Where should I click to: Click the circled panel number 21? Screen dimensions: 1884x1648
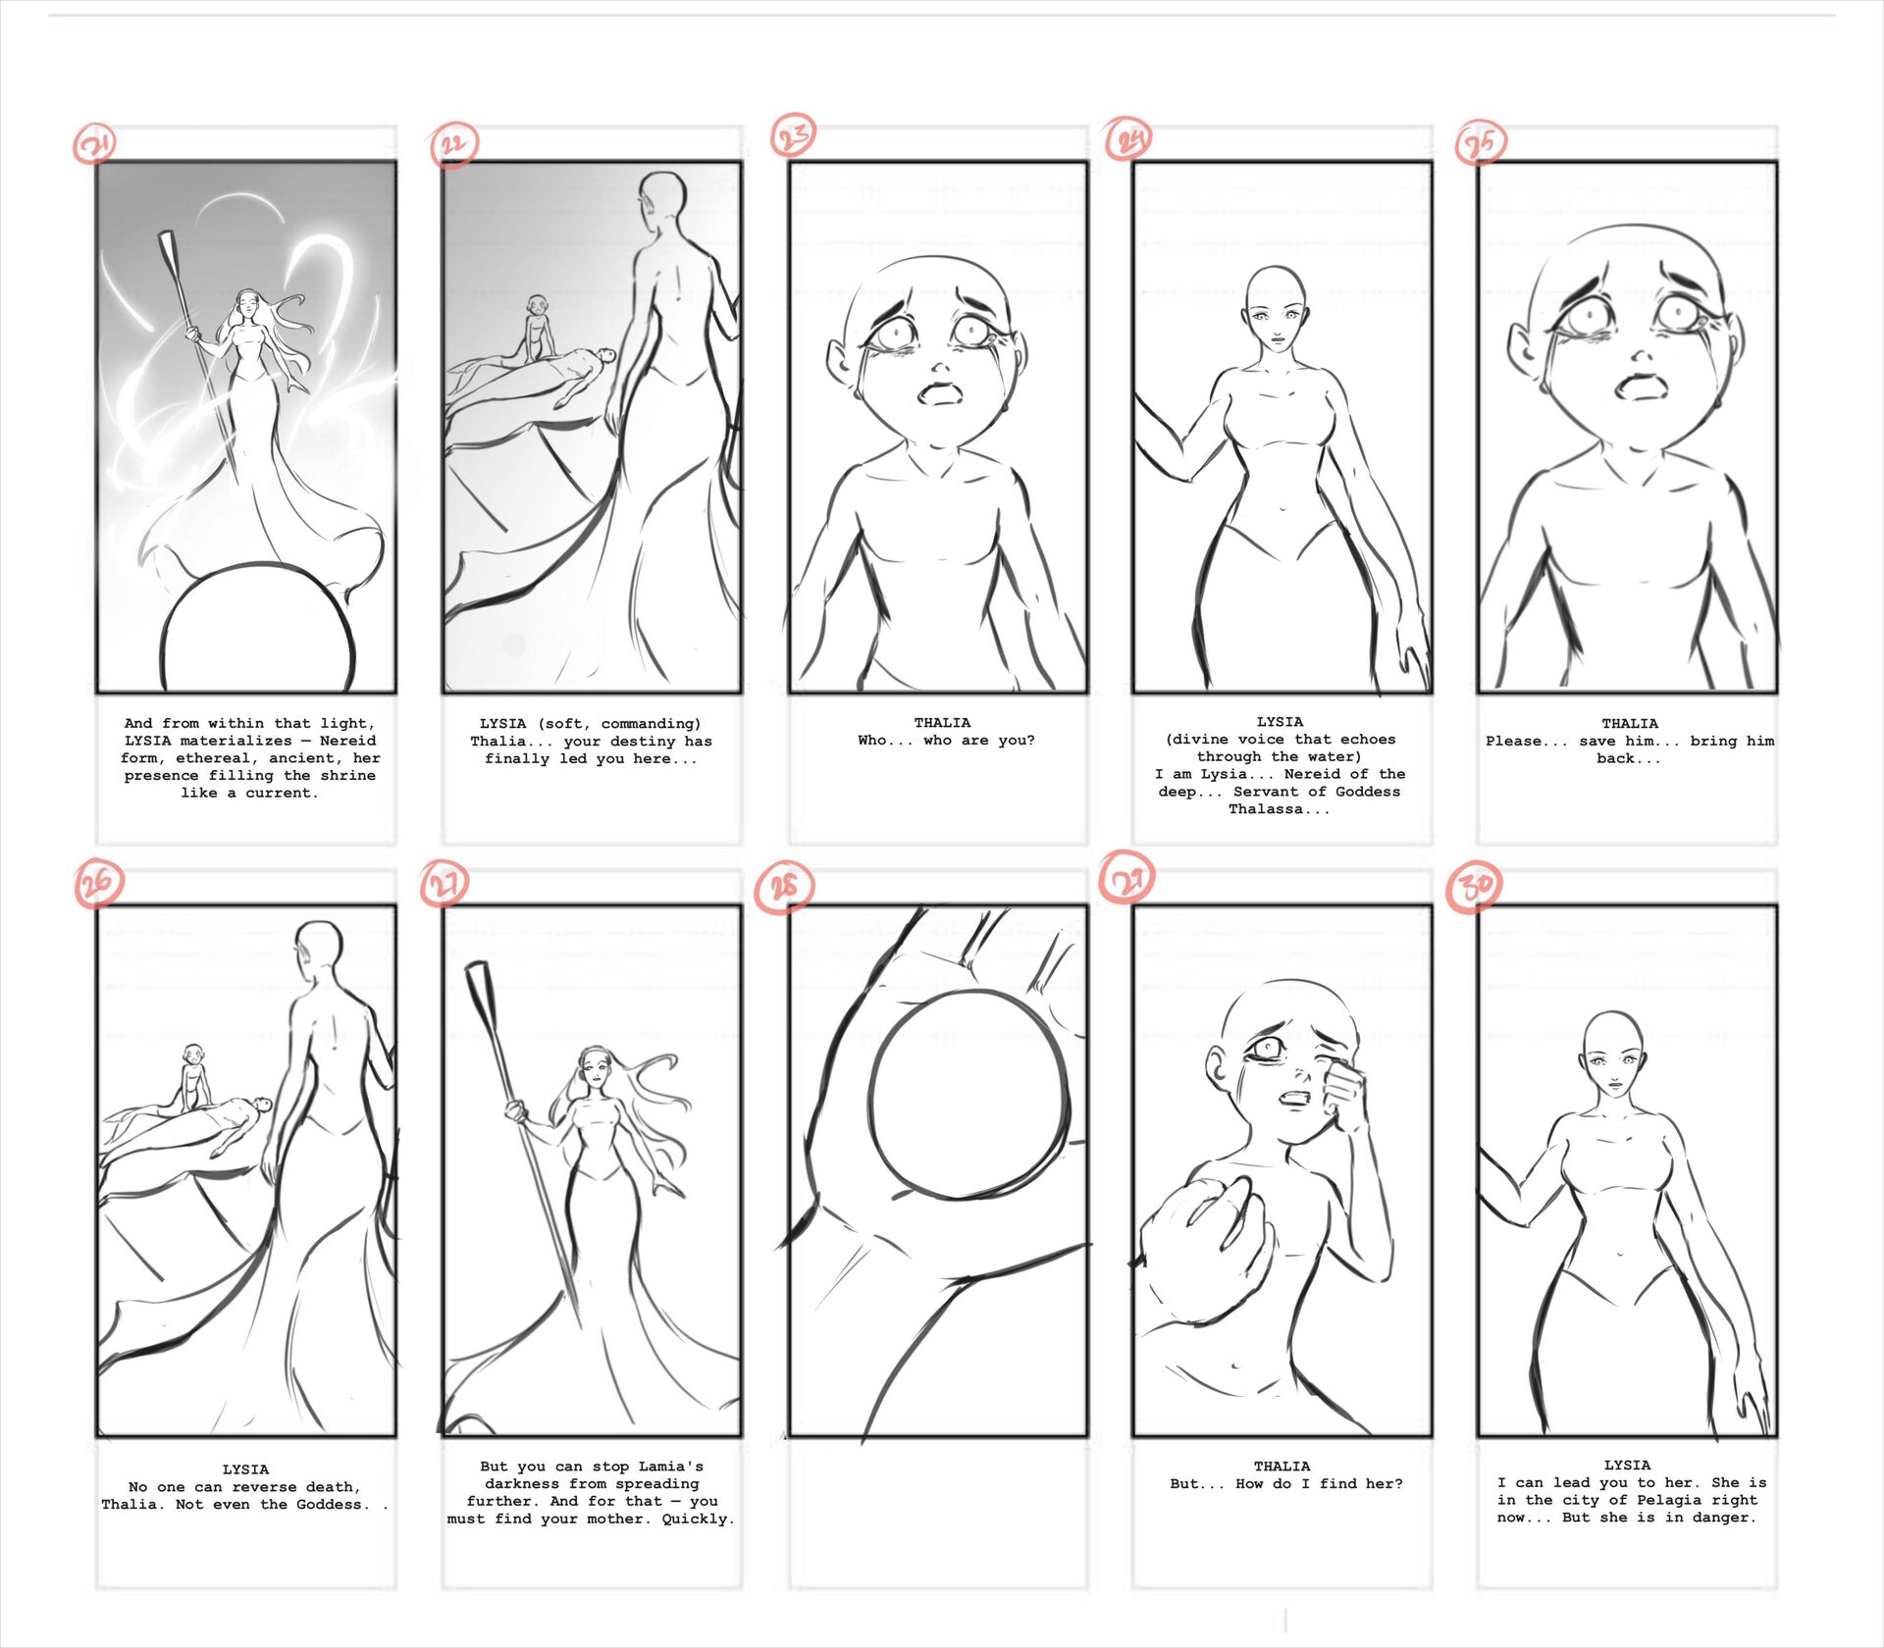point(95,145)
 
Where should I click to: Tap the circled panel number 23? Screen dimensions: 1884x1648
point(793,135)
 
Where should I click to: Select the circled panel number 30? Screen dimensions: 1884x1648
point(1476,886)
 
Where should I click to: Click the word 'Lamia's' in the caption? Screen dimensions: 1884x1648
point(671,1467)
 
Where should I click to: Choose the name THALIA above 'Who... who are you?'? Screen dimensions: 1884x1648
point(942,723)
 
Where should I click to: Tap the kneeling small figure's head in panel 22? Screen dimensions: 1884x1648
point(536,305)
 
